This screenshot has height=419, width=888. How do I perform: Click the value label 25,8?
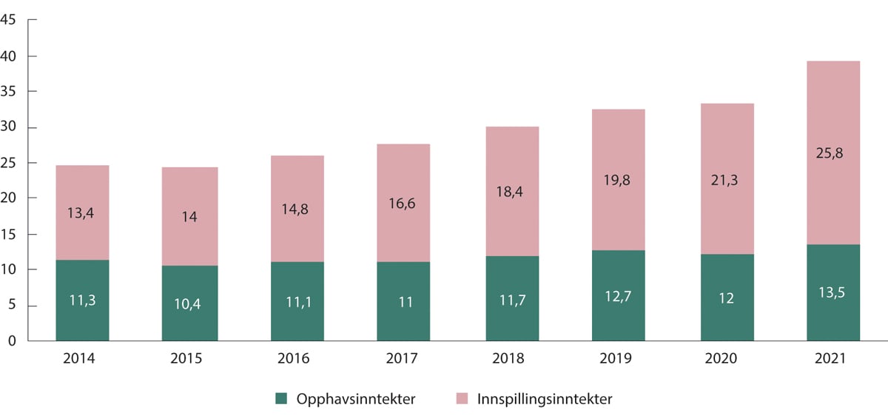(x=833, y=155)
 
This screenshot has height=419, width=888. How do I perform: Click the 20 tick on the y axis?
(x=10, y=198)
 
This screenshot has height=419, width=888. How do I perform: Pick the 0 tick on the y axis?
(x=13, y=341)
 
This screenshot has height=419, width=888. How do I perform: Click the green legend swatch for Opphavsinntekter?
(x=280, y=399)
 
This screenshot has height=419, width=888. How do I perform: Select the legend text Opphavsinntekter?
(x=354, y=399)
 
